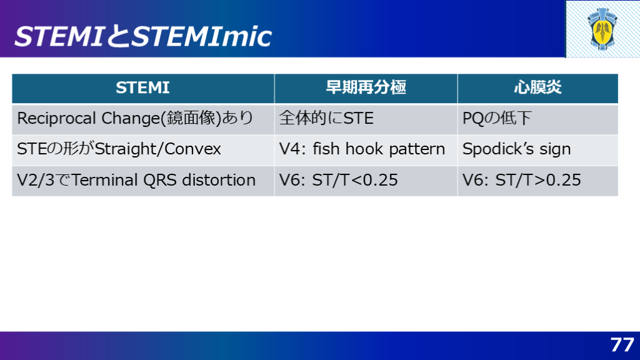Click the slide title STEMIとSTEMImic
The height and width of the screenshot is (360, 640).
[x=143, y=36]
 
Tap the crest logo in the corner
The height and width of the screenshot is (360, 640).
[x=602, y=29]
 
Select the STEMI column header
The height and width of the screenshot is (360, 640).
[x=143, y=87]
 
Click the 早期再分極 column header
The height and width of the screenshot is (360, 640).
[x=366, y=87]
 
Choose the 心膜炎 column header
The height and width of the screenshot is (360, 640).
[x=537, y=87]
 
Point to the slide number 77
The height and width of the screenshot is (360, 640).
[x=622, y=345]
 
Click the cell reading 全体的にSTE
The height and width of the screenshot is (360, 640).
[x=326, y=118]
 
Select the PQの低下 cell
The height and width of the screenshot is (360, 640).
[x=497, y=118]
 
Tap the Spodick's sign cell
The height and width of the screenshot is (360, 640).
[x=516, y=149]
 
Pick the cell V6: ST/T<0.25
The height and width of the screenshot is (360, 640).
[x=338, y=180]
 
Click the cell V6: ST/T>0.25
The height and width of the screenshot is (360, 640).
[x=522, y=180]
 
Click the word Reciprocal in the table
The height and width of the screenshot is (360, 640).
[x=57, y=119]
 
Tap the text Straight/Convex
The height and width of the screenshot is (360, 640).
[x=158, y=149]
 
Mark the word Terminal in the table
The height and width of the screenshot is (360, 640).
[x=105, y=180]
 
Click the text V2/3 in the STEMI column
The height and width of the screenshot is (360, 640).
[x=36, y=180]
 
